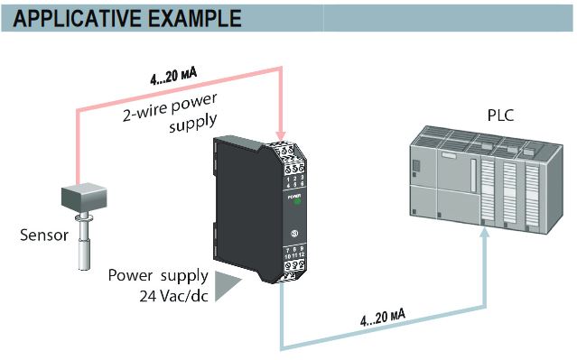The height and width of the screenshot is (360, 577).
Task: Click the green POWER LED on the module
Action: coord(295,204)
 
